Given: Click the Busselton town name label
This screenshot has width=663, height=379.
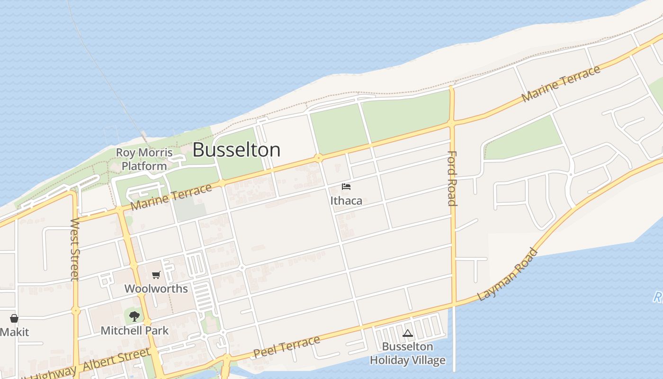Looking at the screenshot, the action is [x=236, y=150].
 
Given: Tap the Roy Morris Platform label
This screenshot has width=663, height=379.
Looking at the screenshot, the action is [x=144, y=159].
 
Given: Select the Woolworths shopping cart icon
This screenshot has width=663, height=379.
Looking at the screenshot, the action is [x=156, y=275].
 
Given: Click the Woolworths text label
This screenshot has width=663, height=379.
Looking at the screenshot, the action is [x=156, y=289].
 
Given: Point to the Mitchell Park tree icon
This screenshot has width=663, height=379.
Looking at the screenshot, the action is [x=134, y=316].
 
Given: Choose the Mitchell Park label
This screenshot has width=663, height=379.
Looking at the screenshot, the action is [x=134, y=330].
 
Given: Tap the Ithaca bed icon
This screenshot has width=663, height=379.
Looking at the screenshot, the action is [x=346, y=187].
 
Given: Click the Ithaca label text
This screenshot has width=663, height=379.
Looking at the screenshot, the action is [x=346, y=200].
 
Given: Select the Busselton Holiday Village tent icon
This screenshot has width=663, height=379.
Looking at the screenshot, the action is [x=408, y=334].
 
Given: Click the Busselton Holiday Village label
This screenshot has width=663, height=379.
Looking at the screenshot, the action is [x=408, y=353].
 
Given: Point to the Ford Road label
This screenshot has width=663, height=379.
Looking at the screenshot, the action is [x=452, y=178].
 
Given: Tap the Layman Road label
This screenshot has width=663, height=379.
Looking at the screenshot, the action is [x=508, y=274].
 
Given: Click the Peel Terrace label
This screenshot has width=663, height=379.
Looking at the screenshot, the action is [x=287, y=347].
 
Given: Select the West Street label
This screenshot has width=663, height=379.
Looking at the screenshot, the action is [x=75, y=249].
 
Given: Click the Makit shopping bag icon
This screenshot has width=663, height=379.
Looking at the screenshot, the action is [x=14, y=318].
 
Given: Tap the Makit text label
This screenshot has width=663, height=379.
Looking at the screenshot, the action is [x=14, y=332].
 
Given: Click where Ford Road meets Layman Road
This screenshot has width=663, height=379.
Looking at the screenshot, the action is [x=454, y=304].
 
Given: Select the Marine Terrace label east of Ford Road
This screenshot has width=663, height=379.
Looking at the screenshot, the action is [x=561, y=83].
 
